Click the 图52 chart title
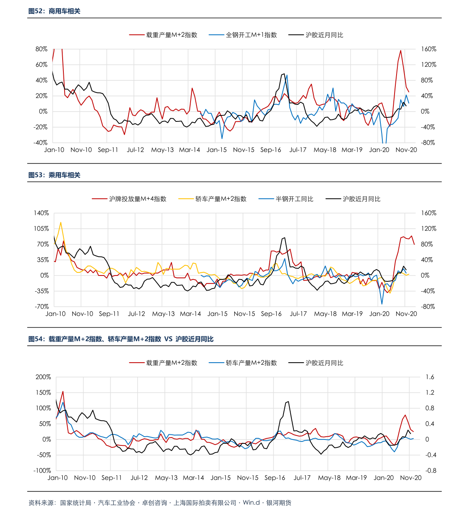point(54,11)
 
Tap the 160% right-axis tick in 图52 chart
point(428,49)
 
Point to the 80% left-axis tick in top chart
point(41,49)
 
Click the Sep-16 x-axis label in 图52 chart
point(271,150)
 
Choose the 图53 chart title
point(54,175)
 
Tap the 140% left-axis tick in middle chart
point(41,213)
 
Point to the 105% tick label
point(41,229)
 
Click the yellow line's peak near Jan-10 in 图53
point(61,222)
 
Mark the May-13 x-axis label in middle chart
point(163,314)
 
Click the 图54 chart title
point(121,339)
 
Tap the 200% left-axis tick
point(43,377)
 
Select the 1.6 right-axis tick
point(430,377)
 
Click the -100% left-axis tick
point(42,471)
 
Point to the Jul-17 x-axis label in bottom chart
point(302,478)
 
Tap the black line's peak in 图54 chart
point(288,402)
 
